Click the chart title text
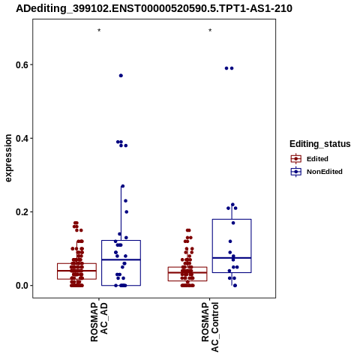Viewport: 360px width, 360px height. point(154,8)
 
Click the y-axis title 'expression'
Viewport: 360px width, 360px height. point(8,158)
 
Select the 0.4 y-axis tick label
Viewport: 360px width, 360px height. point(21,138)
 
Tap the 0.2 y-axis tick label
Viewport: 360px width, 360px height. point(21,211)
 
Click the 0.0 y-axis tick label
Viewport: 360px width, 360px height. point(21,285)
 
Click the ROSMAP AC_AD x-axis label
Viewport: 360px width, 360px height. point(99,322)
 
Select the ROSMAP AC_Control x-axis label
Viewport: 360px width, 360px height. point(210,327)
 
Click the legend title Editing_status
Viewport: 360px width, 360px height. point(320,144)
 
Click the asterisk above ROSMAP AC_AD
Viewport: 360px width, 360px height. point(99,31)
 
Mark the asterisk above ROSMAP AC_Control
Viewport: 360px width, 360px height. point(210,31)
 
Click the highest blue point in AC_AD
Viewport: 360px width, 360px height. point(121,76)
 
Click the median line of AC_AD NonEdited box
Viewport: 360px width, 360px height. point(121,259)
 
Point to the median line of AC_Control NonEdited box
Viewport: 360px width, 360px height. point(232,258)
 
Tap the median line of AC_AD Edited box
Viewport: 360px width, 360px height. point(76,271)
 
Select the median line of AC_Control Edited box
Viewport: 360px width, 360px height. point(187,272)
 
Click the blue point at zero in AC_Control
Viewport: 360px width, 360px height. point(235,285)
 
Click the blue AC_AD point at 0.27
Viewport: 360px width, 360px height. point(123,186)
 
